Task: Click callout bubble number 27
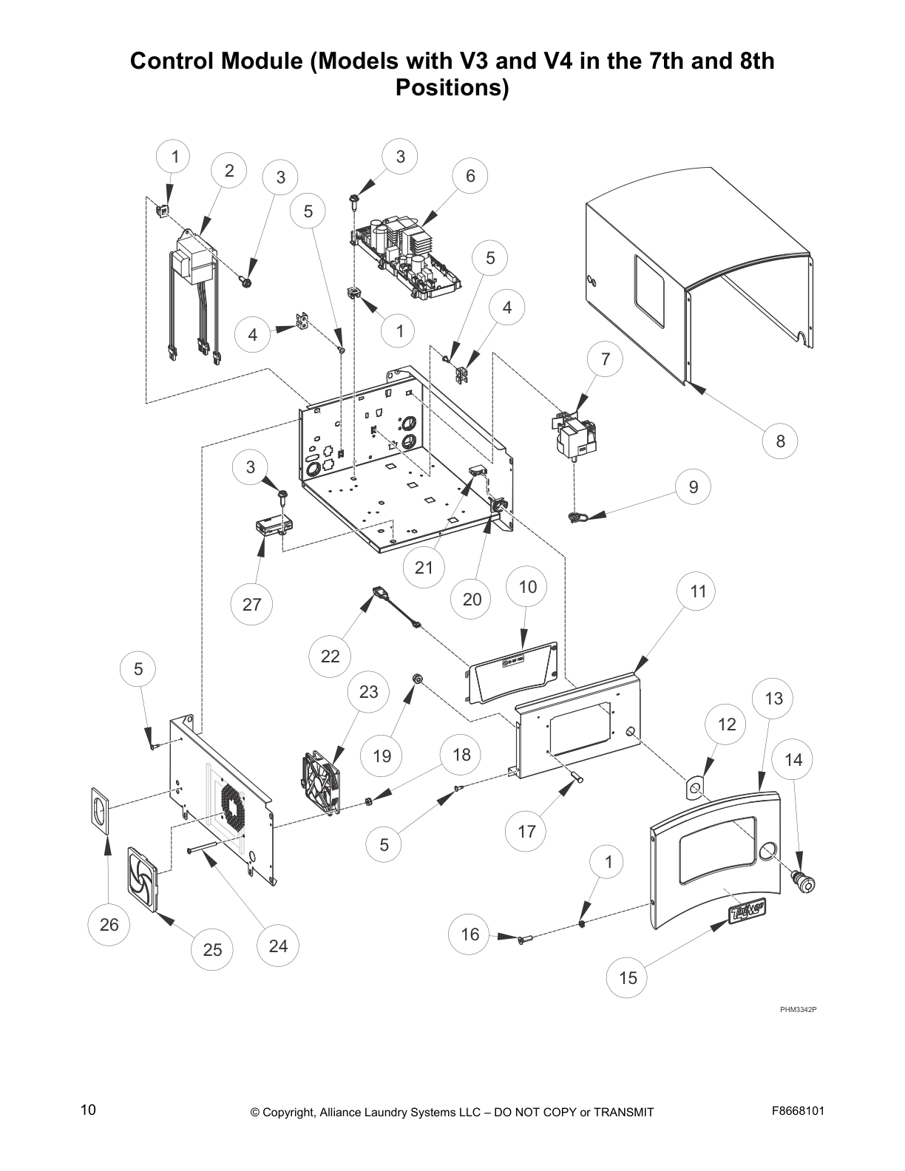point(252,605)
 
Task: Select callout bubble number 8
point(781,442)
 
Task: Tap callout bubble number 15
point(628,978)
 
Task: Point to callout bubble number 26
point(109,925)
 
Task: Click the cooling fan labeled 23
point(321,784)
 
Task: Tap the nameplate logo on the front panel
point(746,912)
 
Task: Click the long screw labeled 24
point(214,847)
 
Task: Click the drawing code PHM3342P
point(799,1008)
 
